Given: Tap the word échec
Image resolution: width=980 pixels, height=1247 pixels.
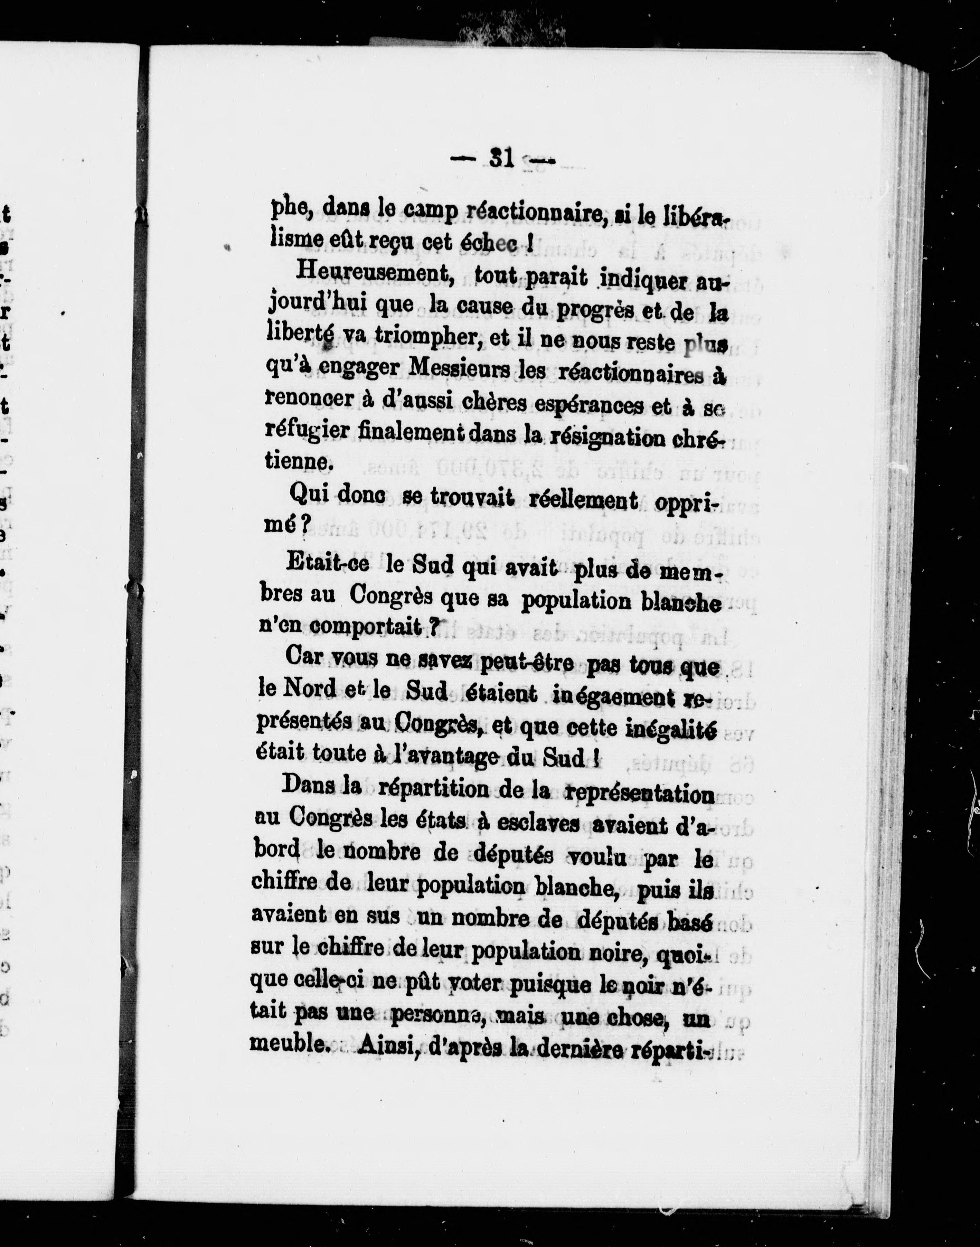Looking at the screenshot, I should (x=489, y=243).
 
